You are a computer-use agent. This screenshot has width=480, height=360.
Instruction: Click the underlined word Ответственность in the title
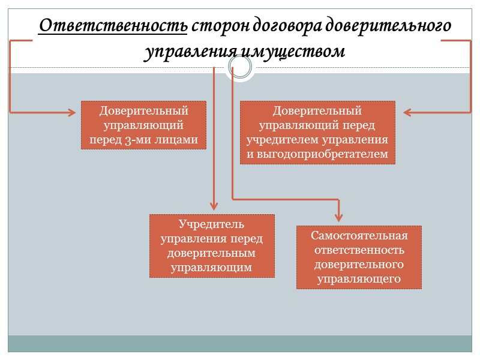113,27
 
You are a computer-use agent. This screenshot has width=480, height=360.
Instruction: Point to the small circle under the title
240,67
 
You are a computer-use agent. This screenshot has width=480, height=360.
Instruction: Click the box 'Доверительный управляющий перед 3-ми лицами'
143,125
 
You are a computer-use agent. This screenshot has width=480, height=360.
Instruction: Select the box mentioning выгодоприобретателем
317,133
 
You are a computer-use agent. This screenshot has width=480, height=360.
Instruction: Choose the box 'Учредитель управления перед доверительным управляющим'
212,246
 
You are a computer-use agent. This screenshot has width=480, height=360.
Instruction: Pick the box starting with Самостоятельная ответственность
359,257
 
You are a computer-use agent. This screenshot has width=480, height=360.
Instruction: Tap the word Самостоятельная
359,235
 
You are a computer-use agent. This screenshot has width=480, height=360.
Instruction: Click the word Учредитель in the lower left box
212,224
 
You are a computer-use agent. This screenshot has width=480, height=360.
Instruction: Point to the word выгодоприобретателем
317,155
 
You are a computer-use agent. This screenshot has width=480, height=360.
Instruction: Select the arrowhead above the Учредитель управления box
214,205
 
